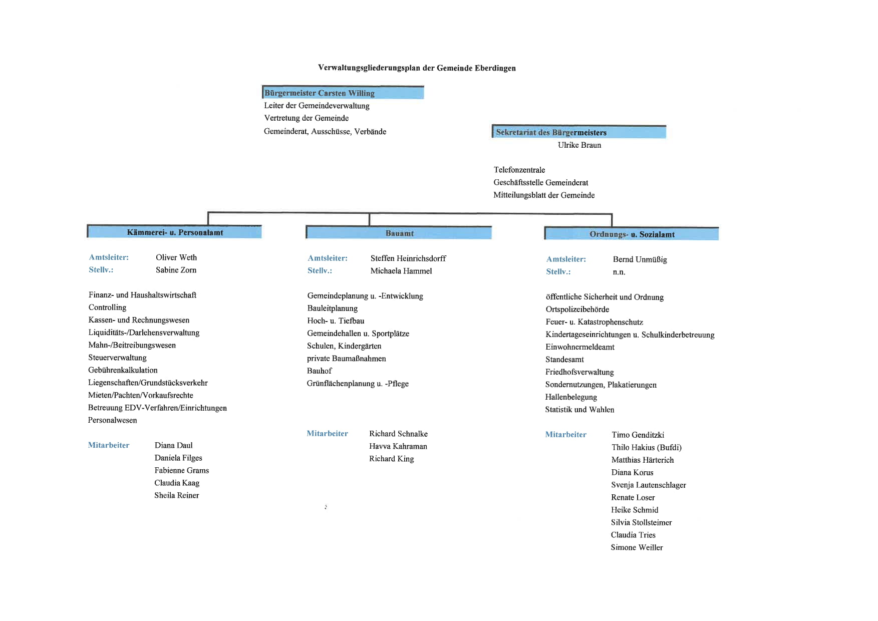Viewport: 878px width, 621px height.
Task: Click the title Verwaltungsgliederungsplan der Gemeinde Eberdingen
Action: [417, 68]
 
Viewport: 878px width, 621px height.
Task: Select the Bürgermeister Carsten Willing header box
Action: [343, 93]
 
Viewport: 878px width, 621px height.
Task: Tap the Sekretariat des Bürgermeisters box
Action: [579, 132]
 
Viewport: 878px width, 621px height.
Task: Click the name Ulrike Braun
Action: [579, 145]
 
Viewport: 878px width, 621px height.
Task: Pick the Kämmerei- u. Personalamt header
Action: [174, 231]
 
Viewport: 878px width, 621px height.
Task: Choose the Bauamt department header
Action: [399, 232]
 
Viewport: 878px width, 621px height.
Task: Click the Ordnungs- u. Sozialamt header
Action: [632, 233]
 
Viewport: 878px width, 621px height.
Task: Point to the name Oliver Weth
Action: [176, 257]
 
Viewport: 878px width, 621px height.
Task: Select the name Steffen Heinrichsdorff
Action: [408, 258]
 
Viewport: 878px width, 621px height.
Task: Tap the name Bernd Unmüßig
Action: [640, 259]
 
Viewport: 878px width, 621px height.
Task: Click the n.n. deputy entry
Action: [619, 272]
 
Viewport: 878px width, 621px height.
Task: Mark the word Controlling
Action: [107, 307]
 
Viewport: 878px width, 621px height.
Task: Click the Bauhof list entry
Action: [320, 371]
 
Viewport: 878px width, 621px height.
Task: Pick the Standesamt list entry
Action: [564, 360]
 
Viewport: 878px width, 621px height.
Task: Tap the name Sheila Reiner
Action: [177, 495]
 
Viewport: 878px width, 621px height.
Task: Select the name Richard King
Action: [392, 459]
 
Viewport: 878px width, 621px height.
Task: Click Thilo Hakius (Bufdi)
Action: [647, 448]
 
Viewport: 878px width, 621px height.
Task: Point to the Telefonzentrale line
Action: [519, 170]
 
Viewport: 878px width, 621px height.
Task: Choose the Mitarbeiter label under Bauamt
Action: [328, 434]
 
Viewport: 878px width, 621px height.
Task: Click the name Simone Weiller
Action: [637, 547]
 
